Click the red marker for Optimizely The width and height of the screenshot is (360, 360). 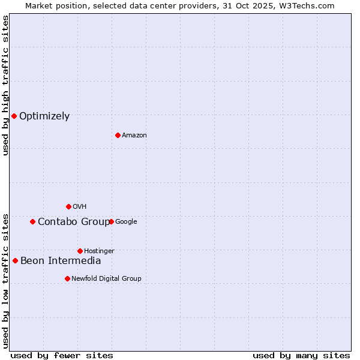(14, 116)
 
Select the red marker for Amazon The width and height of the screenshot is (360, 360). (118, 135)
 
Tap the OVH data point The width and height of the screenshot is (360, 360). (68, 206)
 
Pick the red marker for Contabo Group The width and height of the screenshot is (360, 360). (32, 221)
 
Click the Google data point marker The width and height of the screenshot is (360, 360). (111, 221)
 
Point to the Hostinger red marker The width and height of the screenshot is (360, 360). (80, 251)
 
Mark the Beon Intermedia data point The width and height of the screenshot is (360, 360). (15, 260)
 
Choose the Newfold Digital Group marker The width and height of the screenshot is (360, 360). (67, 278)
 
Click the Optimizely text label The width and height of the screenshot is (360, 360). (44, 116)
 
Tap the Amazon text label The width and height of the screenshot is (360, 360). (134, 136)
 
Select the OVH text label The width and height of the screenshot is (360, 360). (80, 207)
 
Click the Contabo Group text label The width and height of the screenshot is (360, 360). (74, 222)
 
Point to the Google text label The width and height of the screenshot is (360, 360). (126, 222)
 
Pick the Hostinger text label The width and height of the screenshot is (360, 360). (99, 251)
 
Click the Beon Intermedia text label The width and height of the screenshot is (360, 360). (61, 261)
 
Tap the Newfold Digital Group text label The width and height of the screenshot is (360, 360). (106, 279)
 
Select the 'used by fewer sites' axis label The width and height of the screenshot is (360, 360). (62, 355)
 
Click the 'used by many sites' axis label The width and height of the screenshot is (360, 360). (301, 355)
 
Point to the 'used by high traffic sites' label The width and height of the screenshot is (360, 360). (5, 86)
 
